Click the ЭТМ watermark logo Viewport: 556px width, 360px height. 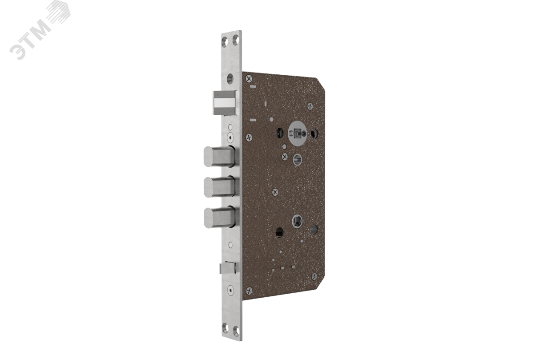click(40, 30)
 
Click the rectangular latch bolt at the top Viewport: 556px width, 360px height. click(224, 103)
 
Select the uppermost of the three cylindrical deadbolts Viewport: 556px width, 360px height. click(219, 157)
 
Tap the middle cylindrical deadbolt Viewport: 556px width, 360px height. click(219, 187)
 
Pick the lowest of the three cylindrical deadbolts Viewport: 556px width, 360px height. click(219, 217)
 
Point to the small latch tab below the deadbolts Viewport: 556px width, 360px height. click(227, 268)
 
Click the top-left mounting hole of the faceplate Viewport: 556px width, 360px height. click(225, 42)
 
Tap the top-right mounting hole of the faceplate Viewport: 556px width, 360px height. click(236, 40)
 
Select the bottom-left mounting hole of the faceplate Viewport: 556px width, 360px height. click(225, 328)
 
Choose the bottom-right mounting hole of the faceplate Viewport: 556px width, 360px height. click(236, 331)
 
